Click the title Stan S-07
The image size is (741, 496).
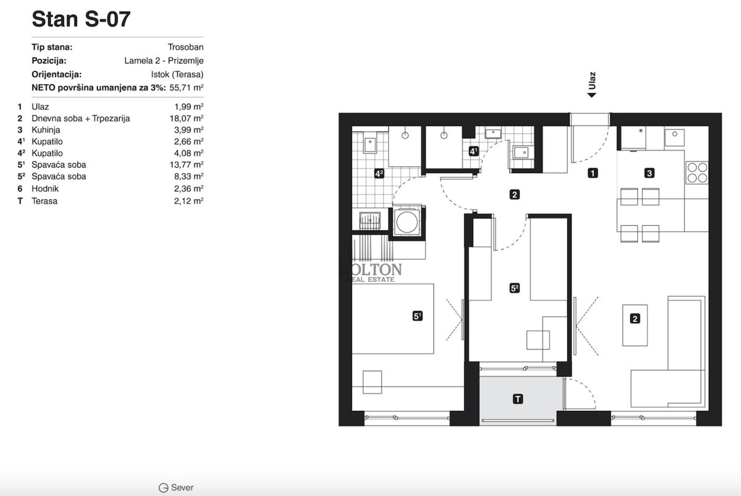[x=81, y=19]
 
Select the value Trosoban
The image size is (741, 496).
[x=185, y=47]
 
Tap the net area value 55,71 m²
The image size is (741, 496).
[x=186, y=88]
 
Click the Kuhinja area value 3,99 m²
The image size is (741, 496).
[x=188, y=130]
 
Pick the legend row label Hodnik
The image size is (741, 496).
[x=45, y=189]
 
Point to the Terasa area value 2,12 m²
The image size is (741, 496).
[x=188, y=201]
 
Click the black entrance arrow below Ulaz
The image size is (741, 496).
[x=592, y=95]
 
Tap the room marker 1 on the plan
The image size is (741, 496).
[x=592, y=173]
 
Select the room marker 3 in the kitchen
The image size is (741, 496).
[x=649, y=173]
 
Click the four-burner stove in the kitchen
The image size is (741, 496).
[x=697, y=173]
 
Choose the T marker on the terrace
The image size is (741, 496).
[x=517, y=399]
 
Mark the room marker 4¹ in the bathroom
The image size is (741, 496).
[x=474, y=151]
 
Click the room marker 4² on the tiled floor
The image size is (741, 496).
[x=379, y=173]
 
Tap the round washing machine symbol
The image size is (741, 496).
[x=407, y=221]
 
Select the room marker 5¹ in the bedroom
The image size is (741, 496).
[x=417, y=316]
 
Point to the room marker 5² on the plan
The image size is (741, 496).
[x=514, y=288]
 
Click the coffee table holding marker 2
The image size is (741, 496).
[x=635, y=325]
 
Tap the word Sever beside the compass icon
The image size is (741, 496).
[x=182, y=487]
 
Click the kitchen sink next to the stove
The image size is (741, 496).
[x=674, y=138]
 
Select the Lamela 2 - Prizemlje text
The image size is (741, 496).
[x=164, y=61]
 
